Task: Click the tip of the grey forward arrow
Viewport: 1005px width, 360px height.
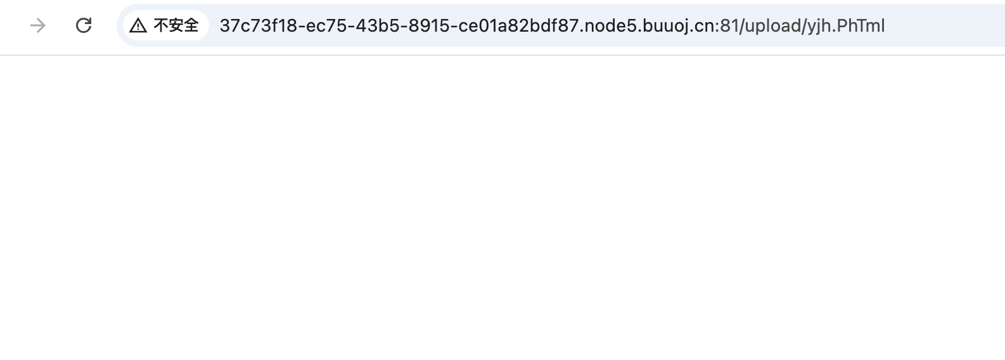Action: tap(46, 25)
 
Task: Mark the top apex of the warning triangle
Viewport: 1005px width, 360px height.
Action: tap(138, 18)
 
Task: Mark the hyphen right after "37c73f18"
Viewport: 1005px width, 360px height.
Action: tap(302, 27)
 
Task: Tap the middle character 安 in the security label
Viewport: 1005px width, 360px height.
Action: tap(176, 25)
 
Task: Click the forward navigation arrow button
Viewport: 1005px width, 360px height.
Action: tap(37, 25)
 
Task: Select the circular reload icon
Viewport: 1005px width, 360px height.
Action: tap(84, 25)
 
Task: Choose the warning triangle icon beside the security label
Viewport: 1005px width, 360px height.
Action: tap(138, 26)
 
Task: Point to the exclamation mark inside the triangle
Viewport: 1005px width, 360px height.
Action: tap(138, 27)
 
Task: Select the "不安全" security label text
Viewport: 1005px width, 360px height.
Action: tap(176, 25)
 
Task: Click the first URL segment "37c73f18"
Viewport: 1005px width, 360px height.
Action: tap(258, 26)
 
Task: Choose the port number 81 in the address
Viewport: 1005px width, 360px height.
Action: tap(729, 26)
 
